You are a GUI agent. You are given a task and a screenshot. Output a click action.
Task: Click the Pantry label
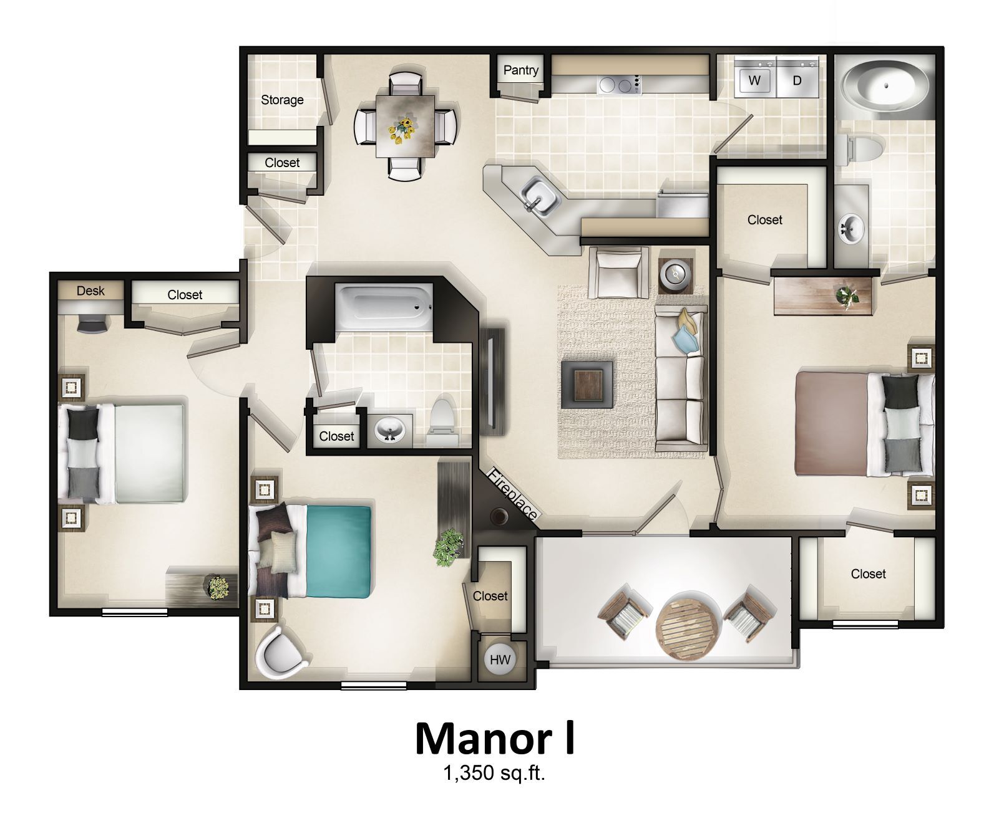point(520,70)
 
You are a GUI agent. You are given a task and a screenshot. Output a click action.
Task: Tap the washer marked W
point(754,80)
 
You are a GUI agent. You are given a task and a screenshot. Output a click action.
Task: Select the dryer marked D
point(796,80)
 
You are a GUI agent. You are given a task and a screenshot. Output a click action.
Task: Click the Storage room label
point(282,100)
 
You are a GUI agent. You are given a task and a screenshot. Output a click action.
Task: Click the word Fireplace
point(513,494)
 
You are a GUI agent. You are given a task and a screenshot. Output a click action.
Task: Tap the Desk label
point(90,291)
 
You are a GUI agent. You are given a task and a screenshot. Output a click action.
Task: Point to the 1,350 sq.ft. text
point(494,775)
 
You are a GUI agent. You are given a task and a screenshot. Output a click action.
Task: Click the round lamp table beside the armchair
point(676,273)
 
